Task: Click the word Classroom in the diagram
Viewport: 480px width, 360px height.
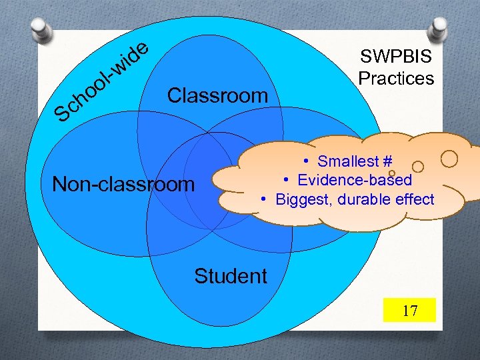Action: [x=217, y=95]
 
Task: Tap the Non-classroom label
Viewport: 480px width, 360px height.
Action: [x=123, y=183]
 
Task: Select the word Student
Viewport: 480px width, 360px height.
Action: [x=231, y=275]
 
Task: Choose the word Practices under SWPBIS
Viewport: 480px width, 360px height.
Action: [x=396, y=78]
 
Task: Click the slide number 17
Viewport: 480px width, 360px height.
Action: [x=409, y=311]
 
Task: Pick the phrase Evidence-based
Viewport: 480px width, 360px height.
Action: [x=355, y=180]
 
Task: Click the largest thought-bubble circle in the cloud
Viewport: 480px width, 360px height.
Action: [x=449, y=159]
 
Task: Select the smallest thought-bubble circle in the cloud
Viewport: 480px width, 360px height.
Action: [x=392, y=173]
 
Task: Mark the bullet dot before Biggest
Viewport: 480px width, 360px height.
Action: [x=265, y=199]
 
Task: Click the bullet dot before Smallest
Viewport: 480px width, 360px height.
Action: [x=304, y=161]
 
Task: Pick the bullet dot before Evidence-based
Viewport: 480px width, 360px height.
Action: [x=285, y=180]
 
